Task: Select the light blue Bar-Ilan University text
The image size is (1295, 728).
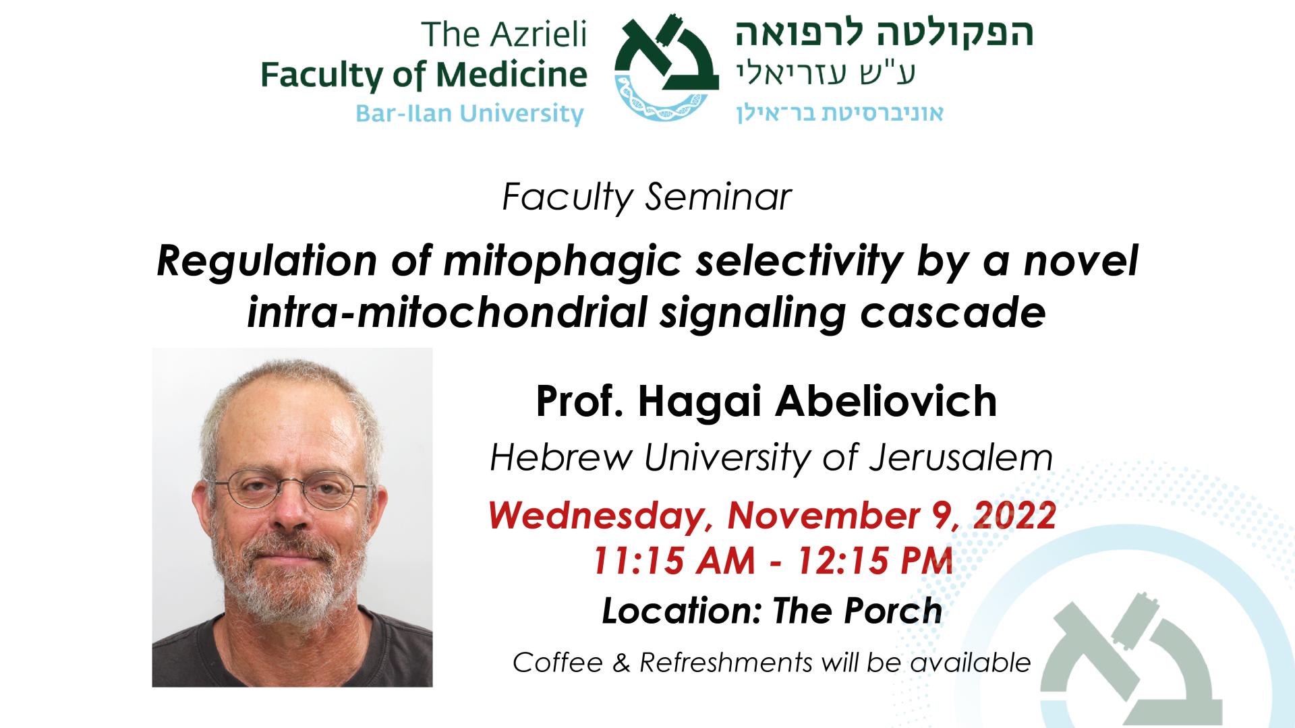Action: tap(469, 113)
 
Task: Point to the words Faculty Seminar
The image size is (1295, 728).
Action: tap(647, 197)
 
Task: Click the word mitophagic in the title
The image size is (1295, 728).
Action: tap(563, 262)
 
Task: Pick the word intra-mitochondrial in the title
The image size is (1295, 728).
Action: tap(447, 313)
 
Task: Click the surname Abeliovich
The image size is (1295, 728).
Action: tap(886, 402)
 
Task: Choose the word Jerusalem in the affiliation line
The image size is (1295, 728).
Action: tap(960, 458)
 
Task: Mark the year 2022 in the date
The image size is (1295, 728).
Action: tap(1014, 516)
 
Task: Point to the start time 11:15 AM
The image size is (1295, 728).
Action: tap(674, 561)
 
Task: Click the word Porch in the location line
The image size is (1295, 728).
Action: tap(893, 611)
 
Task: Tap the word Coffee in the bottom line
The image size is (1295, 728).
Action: tap(558, 663)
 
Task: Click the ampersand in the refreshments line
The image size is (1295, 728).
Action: tap(621, 663)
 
